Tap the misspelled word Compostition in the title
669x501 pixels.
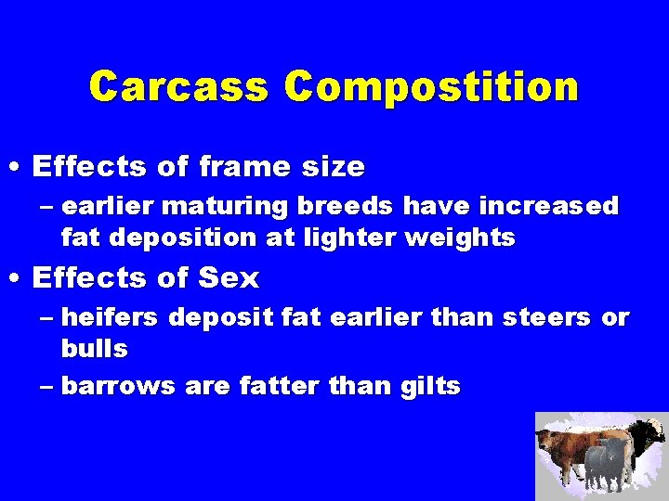pos(431,86)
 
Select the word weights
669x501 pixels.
pos(460,238)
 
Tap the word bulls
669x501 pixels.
pos(94,350)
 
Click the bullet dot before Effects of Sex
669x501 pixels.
pos(16,277)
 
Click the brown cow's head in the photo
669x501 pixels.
pos(547,435)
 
